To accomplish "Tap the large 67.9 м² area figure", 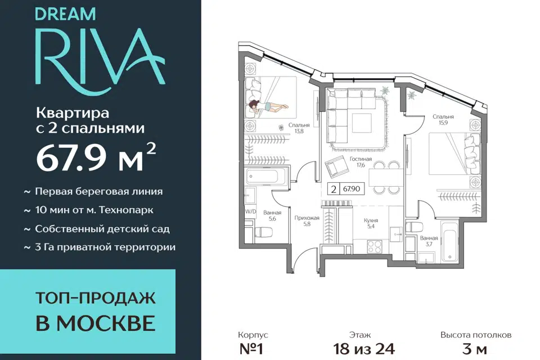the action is coord(96,158).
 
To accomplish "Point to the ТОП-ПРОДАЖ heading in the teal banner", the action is coord(96,298).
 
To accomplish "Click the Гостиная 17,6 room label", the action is coord(361,162).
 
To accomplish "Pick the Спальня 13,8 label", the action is coord(299,128).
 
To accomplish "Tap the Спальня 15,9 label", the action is coord(443,120).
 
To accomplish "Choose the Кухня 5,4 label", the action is coord(371,223).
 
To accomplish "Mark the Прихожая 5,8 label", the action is coord(307,220).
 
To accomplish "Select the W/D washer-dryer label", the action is coord(251,212).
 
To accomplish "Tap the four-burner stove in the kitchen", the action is coord(375,246).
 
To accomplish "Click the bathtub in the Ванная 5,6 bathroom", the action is coord(263,176).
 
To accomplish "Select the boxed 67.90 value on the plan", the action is coord(350,189).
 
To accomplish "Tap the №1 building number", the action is coord(251,349).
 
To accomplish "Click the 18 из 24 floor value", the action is coord(364,349).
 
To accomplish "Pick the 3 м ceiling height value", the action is coord(475,349).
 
